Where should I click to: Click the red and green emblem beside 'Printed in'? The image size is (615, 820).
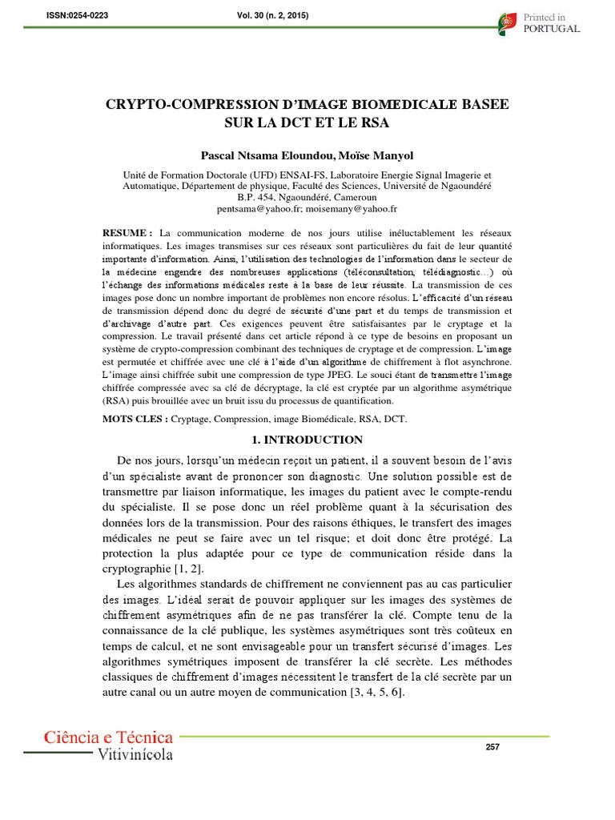coord(507,22)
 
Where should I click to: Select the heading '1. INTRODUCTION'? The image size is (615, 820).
coord(307,440)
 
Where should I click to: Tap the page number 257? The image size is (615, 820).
coord(492,747)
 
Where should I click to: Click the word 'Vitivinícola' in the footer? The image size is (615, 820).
coord(135,754)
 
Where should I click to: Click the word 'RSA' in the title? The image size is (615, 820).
coord(378,125)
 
